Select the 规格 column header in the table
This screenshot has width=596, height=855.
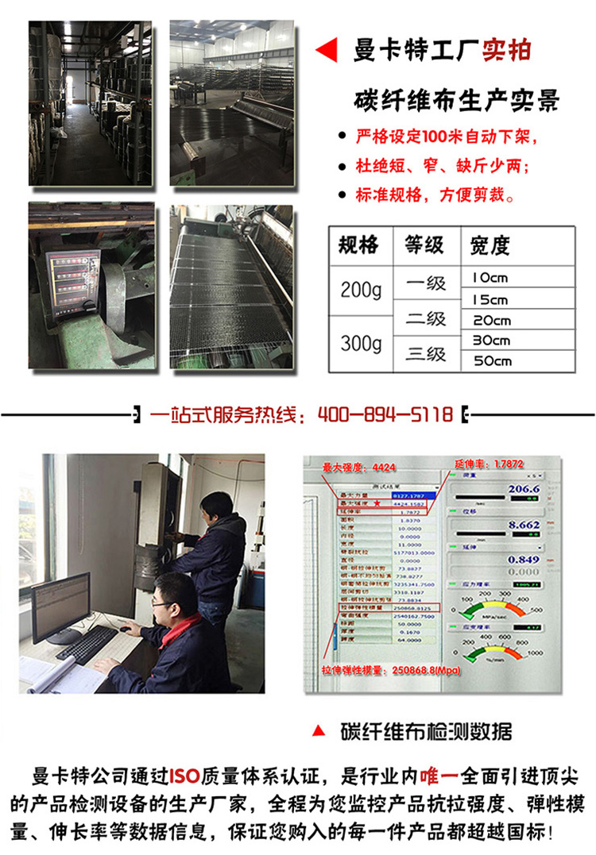point(358,245)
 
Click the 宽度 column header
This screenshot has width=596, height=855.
point(490,245)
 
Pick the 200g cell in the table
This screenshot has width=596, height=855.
point(361,291)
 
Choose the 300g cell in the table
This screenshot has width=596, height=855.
point(361,344)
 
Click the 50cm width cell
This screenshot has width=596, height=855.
point(490,361)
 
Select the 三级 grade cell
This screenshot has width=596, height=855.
point(426,353)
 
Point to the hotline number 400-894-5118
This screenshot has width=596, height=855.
point(385,414)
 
